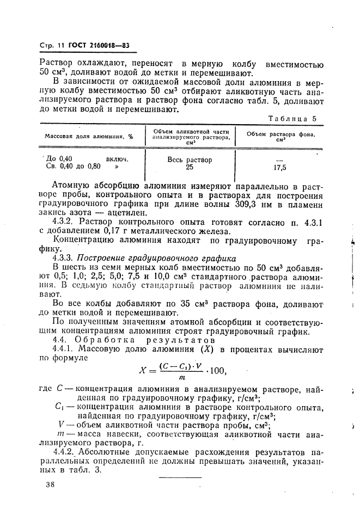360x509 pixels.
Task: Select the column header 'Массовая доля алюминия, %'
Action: (89, 136)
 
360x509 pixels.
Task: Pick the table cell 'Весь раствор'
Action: (190, 160)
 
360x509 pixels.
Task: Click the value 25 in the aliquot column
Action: (190, 168)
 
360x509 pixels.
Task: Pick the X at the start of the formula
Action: (144, 371)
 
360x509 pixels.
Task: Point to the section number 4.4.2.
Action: (65, 451)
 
